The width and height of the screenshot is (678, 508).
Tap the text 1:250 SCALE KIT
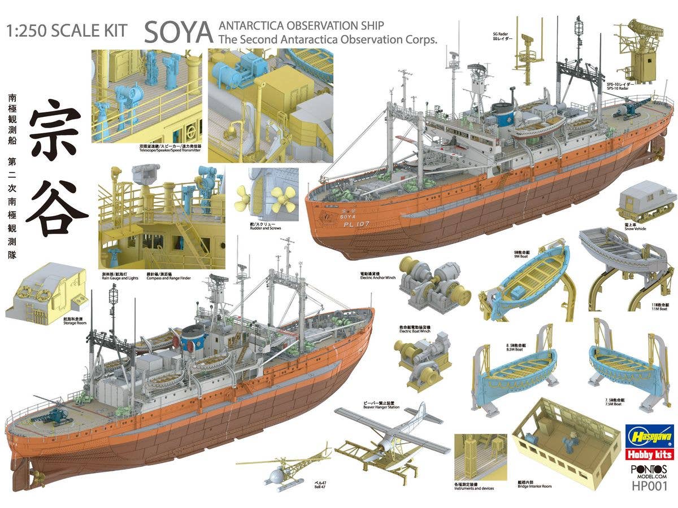[x=67, y=30]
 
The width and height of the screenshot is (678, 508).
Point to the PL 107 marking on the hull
[x=356, y=224]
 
